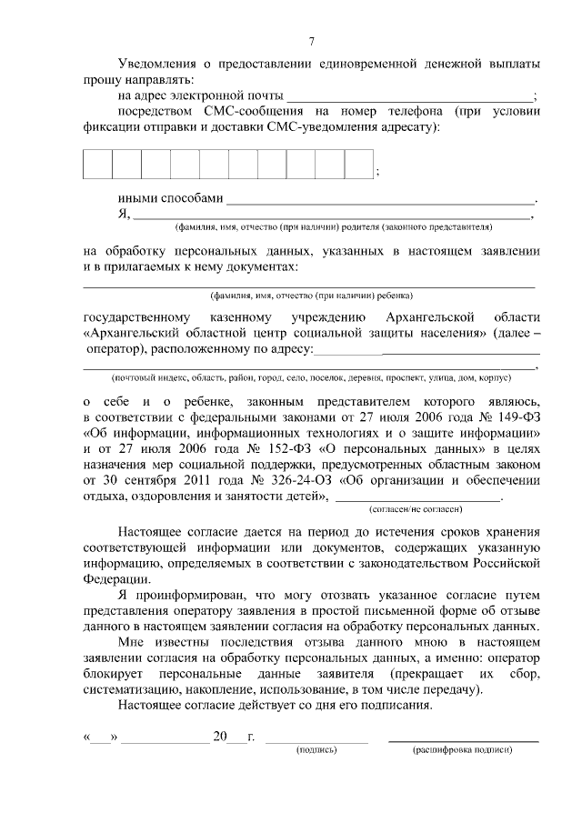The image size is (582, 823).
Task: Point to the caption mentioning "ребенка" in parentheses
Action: (311, 296)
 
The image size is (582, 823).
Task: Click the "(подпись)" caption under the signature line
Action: (316, 750)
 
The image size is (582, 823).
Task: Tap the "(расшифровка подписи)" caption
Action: (463, 750)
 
